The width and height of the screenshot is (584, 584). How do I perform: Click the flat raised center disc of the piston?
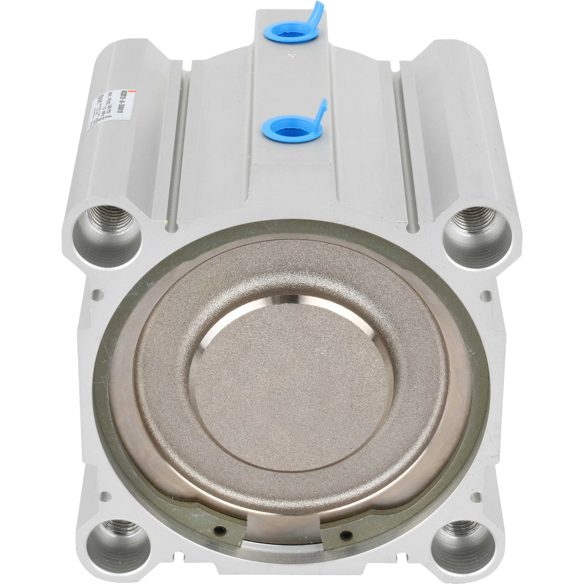(x=291, y=384)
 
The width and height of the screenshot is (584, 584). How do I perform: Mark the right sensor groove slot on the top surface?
(x=404, y=146)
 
